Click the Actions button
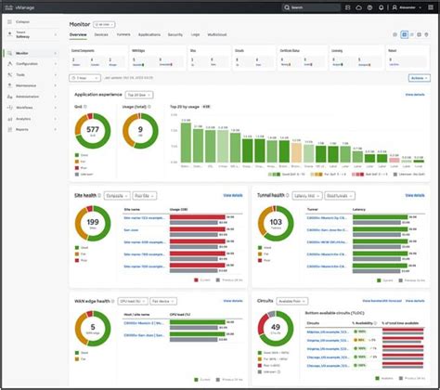(417, 78)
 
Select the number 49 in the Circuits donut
(275, 331)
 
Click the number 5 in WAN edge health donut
(93, 331)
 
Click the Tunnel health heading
(272, 195)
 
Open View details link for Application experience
(415, 95)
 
